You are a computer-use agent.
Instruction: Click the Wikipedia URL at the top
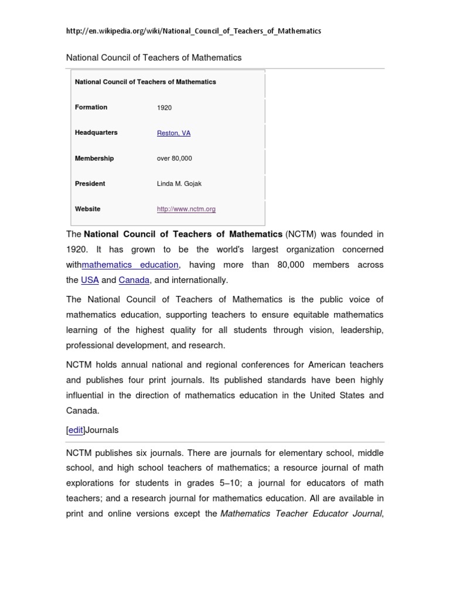(193, 30)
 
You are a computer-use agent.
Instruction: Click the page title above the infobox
(154, 57)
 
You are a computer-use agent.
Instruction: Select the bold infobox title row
(145, 82)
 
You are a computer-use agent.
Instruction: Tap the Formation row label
(91, 107)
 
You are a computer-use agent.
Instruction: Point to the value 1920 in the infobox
(164, 108)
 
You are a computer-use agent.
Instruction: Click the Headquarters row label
(96, 132)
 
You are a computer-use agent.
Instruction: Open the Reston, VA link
(173, 133)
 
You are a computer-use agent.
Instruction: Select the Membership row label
(94, 158)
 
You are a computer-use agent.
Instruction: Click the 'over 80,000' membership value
(174, 158)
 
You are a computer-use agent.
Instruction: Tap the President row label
(90, 183)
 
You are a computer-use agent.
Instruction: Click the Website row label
(87, 209)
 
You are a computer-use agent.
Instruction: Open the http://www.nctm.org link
(186, 209)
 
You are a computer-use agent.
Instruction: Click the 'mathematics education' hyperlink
(130, 265)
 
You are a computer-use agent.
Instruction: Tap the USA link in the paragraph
(90, 280)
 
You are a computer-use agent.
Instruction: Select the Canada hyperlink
(134, 280)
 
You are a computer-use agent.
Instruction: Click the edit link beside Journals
(76, 430)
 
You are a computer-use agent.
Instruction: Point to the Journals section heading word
(102, 430)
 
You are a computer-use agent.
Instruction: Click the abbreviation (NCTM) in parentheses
(301, 234)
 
